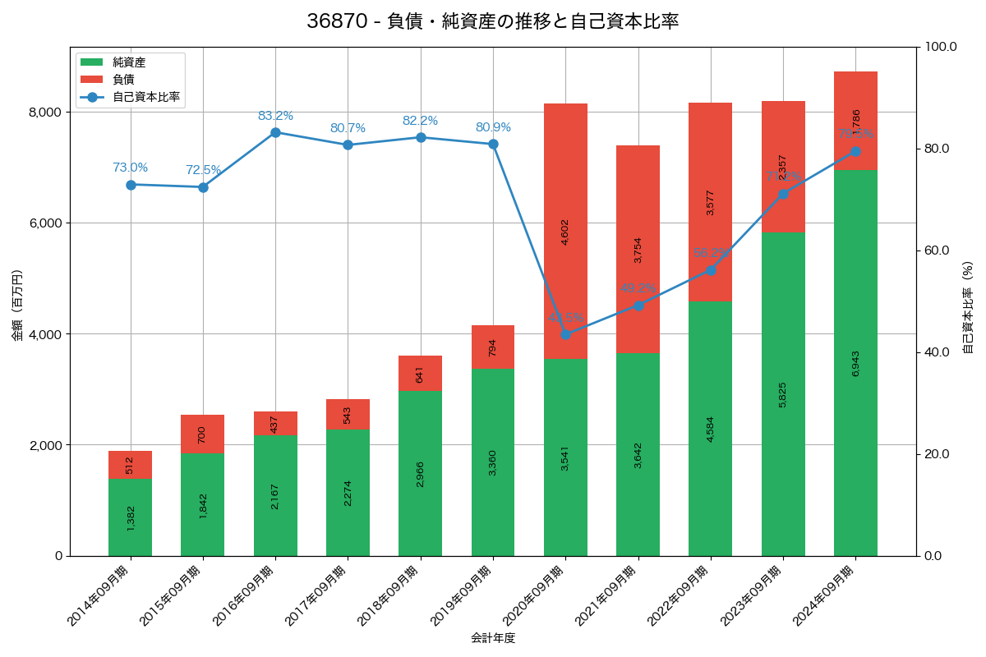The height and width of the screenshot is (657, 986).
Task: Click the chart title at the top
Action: [493, 21]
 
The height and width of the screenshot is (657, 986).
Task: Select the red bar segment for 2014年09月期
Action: [130, 465]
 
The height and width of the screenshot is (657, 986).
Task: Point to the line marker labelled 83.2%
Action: [275, 132]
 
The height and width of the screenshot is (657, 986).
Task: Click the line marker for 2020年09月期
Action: [565, 334]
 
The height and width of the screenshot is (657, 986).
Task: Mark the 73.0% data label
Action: [130, 168]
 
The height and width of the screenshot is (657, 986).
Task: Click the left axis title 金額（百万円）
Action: [16, 306]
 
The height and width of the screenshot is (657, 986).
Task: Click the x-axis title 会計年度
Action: [493, 638]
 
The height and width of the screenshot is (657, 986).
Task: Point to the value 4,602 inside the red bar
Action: [565, 232]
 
